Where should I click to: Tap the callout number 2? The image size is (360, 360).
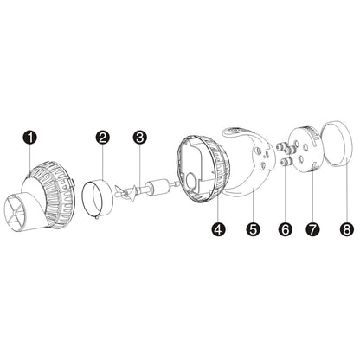[103, 138]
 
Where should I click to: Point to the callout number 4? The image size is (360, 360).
[217, 230]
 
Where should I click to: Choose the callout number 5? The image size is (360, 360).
[253, 230]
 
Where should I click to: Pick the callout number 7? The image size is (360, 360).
[313, 230]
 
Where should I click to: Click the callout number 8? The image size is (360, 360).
[346, 230]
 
